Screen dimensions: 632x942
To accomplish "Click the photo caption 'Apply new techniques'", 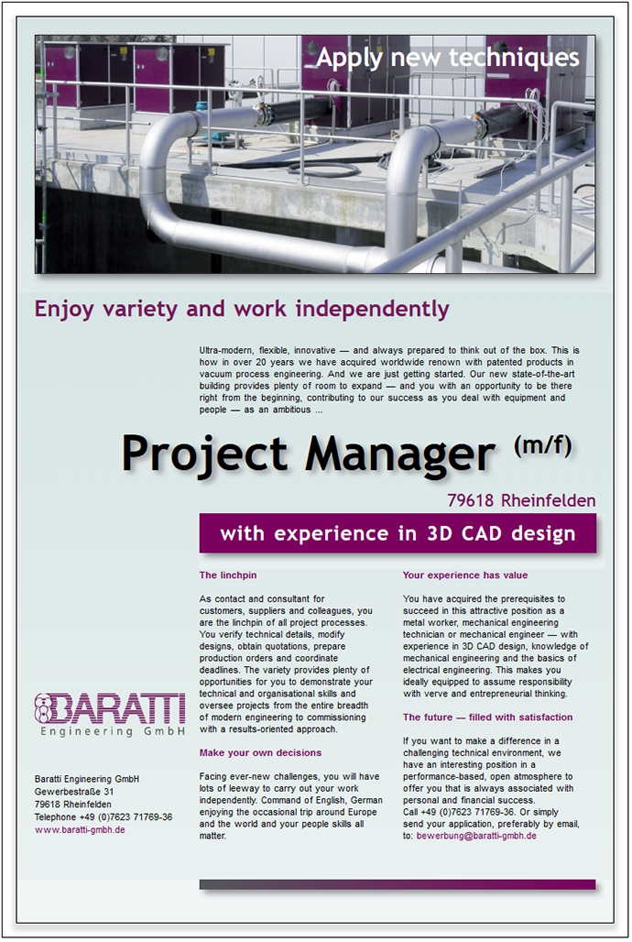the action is [448, 58].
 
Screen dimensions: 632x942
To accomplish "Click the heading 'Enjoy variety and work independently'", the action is [242, 310].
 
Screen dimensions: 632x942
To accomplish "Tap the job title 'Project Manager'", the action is [309, 454].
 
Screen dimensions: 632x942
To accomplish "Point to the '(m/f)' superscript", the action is [543, 445].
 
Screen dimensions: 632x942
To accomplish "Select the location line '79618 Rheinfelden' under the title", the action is [521, 500].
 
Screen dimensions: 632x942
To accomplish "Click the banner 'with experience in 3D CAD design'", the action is [398, 533].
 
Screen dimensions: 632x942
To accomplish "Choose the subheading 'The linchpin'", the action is [228, 575].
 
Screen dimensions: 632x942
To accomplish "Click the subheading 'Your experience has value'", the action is [465, 575].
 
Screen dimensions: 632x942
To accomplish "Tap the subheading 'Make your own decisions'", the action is [260, 752].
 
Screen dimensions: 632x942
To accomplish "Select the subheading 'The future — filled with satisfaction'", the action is [487, 717].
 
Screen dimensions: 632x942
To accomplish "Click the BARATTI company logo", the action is [110, 708].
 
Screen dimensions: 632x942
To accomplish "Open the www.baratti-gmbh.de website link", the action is [80, 829].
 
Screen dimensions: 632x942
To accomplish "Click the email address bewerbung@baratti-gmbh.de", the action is [476, 836].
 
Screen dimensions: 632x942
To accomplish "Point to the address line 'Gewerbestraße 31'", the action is [74, 792].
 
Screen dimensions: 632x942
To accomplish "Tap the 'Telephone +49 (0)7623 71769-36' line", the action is [104, 817].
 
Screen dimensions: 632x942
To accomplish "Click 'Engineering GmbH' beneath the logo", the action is [113, 731].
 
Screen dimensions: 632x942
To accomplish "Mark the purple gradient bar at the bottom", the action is [398, 884].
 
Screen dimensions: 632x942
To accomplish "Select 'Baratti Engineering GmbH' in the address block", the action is [86, 779].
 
